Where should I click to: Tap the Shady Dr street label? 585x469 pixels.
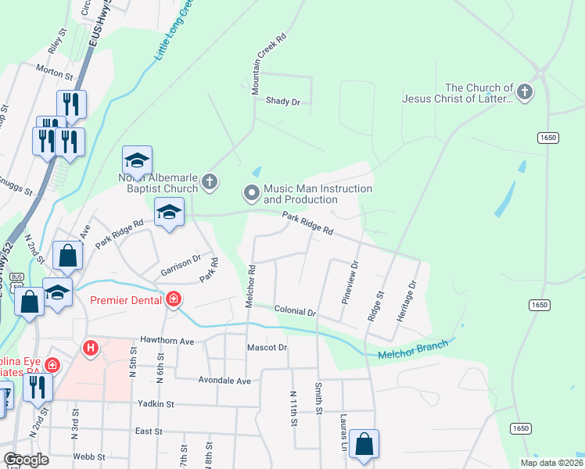tap(282, 101)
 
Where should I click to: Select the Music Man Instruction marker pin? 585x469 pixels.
tap(251, 192)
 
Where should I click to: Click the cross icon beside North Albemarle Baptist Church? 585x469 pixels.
tap(209, 182)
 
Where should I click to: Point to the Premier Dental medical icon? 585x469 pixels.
tap(173, 299)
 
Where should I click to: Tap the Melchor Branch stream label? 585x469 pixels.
tap(413, 349)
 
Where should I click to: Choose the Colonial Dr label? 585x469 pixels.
tap(295, 310)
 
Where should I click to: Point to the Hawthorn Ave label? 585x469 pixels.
tap(167, 341)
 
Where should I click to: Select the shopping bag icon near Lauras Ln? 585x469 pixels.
tap(364, 444)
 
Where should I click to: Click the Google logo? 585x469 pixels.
tap(27, 460)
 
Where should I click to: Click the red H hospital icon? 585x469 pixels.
tap(91, 347)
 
